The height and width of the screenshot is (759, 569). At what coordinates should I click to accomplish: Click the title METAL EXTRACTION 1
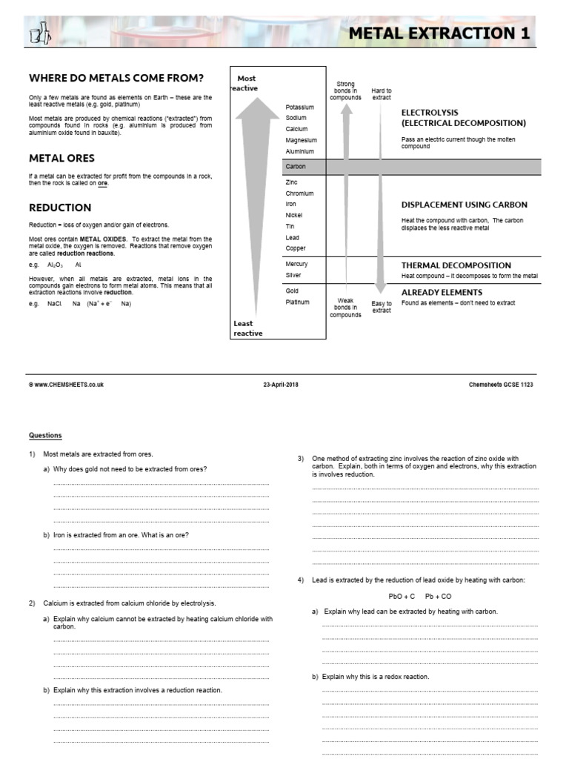(x=439, y=34)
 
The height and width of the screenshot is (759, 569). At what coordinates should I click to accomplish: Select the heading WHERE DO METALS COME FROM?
(x=116, y=79)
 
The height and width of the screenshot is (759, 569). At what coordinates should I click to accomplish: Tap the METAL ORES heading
(x=61, y=158)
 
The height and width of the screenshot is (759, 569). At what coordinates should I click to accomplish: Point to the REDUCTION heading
(x=60, y=208)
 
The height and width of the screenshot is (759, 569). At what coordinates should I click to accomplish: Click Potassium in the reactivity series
(x=300, y=107)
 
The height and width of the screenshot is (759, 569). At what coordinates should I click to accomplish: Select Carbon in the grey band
(x=296, y=167)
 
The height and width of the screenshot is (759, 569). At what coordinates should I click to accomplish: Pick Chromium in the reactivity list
(x=299, y=193)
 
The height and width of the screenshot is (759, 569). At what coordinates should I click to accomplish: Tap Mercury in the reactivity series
(x=297, y=264)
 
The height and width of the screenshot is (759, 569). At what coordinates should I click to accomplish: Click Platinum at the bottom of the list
(x=298, y=302)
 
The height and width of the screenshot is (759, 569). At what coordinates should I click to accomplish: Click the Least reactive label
(x=247, y=328)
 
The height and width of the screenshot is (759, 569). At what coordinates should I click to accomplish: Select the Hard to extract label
(x=382, y=94)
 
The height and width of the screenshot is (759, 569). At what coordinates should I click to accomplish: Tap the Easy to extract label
(x=382, y=307)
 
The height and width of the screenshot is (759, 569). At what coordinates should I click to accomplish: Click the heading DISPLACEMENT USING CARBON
(x=465, y=205)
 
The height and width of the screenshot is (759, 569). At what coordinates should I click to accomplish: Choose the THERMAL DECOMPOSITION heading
(x=456, y=265)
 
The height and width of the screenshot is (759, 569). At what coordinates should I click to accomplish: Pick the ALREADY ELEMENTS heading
(x=442, y=292)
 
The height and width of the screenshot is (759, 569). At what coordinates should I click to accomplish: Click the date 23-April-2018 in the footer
(x=281, y=385)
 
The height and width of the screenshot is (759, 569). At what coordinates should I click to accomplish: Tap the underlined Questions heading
(x=45, y=435)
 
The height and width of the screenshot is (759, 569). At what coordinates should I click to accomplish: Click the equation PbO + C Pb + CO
(x=419, y=596)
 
